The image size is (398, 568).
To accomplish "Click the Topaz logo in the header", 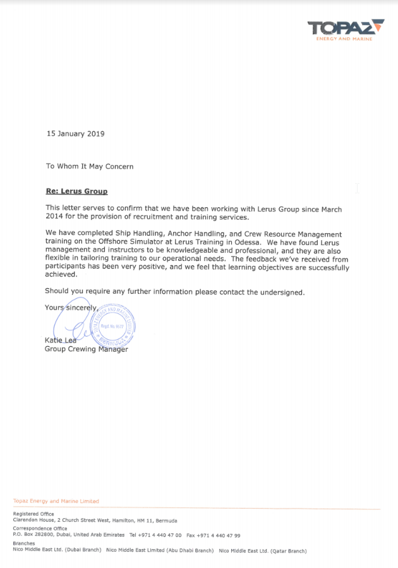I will (x=345, y=29).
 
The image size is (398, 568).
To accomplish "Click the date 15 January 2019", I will (x=75, y=134).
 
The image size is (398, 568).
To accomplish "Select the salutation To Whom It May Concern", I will (x=89, y=166).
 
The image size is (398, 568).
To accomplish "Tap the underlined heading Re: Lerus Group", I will (x=76, y=191).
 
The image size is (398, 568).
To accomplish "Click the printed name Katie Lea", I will (x=60, y=341).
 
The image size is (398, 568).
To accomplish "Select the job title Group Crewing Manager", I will (x=86, y=349).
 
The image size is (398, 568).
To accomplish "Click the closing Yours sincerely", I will (x=71, y=308).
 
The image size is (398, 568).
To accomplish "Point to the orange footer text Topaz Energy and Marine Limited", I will (x=56, y=501).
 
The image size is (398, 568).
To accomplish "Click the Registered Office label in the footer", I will (x=33, y=514).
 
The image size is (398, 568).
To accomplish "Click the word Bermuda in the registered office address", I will (x=165, y=521).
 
